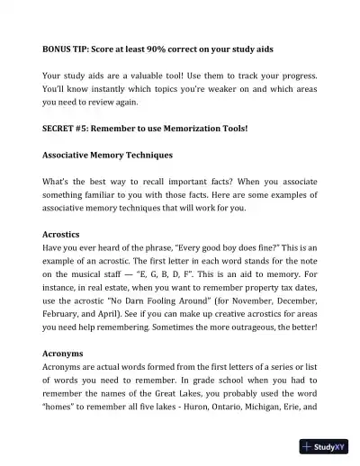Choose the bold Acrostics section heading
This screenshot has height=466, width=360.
pyautogui.click(x=61, y=232)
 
